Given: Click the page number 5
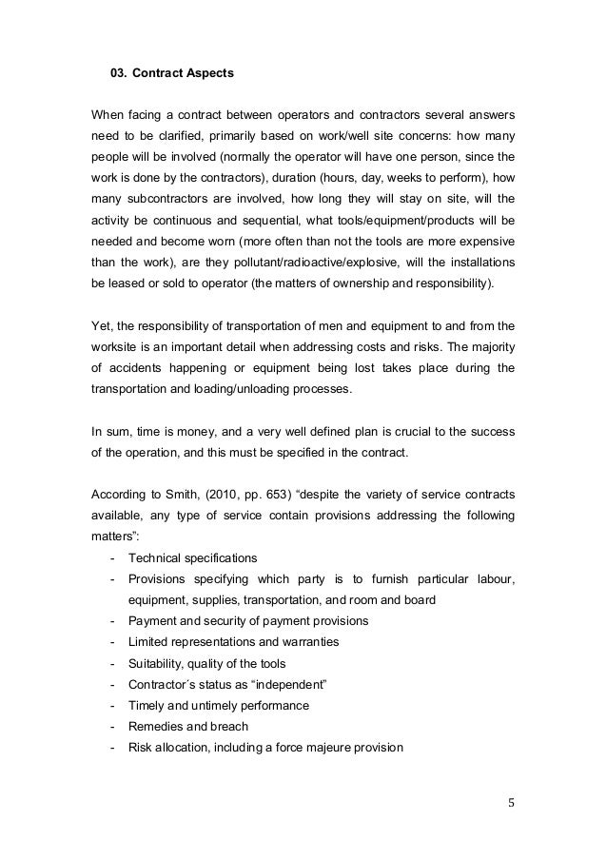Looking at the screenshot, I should click(511, 801).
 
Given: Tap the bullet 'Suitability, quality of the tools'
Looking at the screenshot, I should click(206, 663).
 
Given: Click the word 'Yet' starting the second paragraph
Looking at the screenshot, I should click(101, 325).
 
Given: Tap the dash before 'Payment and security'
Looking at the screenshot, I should click(114, 621).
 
